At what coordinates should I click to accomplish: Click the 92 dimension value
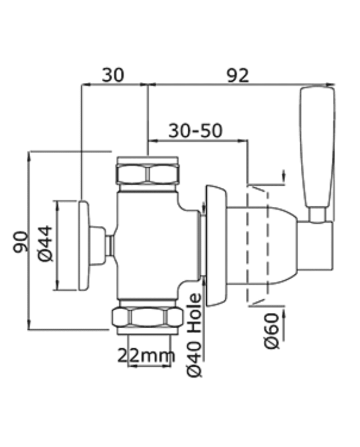click(x=238, y=76)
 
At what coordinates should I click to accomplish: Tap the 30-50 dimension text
click(x=195, y=131)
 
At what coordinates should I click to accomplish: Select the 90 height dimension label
click(x=21, y=242)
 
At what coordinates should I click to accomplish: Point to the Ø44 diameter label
click(x=45, y=243)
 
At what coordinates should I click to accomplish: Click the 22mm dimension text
click(x=147, y=355)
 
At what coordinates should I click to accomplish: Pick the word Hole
click(x=195, y=314)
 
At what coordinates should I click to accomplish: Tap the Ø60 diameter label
click(x=272, y=331)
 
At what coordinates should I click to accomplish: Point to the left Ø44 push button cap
click(x=84, y=245)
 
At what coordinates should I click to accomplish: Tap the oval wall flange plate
click(x=217, y=245)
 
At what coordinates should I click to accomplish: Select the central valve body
click(x=157, y=245)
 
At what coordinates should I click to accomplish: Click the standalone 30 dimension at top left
click(x=113, y=75)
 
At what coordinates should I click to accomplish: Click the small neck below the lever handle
click(x=318, y=214)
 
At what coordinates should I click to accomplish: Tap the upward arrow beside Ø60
click(x=284, y=325)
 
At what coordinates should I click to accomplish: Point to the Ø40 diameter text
click(x=195, y=359)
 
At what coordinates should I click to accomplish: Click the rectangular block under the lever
click(x=315, y=245)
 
